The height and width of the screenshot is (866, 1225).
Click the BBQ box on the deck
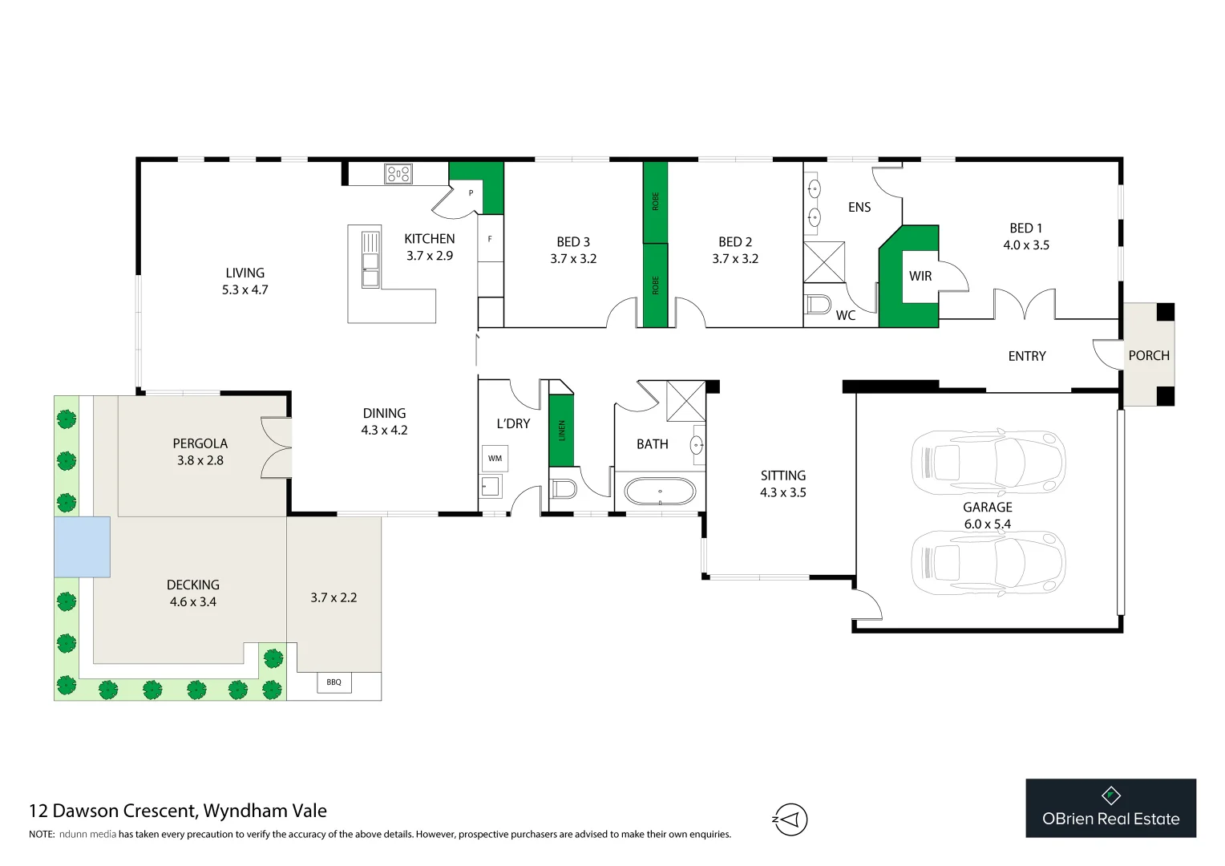tap(334, 682)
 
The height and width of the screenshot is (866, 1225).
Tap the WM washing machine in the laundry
tap(495, 459)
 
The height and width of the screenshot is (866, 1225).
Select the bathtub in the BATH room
tap(660, 492)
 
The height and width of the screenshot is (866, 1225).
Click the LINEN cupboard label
tap(562, 431)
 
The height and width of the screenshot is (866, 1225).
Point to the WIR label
tap(920, 277)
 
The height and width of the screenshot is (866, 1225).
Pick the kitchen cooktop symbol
tap(398, 174)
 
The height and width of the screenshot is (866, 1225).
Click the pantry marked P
tap(471, 193)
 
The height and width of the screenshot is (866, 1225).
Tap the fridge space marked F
tap(490, 239)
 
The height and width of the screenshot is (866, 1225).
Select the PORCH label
tap(1149, 356)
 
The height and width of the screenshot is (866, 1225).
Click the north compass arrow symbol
tap(790, 819)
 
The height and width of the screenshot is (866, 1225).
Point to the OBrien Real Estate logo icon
tap(1111, 795)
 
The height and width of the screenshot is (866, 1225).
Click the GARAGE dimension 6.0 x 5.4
tap(988, 524)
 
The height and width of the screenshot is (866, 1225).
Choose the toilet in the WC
tap(818, 305)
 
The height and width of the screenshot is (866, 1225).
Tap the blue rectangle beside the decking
tap(82, 547)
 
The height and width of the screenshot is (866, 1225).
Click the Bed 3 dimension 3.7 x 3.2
tap(573, 259)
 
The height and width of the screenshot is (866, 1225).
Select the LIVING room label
tap(245, 273)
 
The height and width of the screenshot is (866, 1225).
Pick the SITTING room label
tap(783, 475)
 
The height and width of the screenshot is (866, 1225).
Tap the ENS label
tap(859, 208)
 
